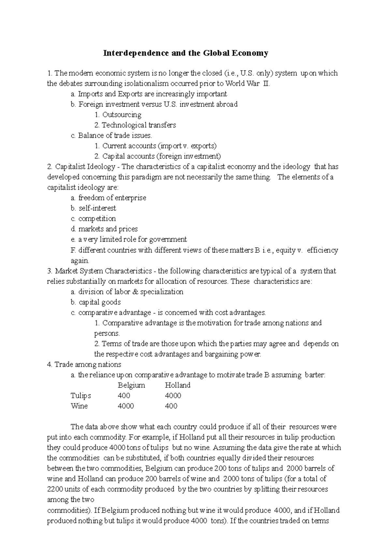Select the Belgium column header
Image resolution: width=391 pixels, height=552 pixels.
[x=131, y=385]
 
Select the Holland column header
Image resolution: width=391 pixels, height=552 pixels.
[x=178, y=385]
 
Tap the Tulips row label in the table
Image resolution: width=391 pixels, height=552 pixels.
[x=81, y=396]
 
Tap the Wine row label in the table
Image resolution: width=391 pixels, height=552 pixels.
[x=79, y=406]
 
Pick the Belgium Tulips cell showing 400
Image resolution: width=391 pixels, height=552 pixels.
[x=124, y=396]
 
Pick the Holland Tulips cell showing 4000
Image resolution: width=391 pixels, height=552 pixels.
[x=173, y=396]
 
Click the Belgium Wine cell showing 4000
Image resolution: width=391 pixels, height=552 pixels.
[x=126, y=406]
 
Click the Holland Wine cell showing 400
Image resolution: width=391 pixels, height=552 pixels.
[x=171, y=406]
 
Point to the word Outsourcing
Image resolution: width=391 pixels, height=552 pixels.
[x=122, y=115]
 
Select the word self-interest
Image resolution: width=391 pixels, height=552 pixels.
[x=97, y=208]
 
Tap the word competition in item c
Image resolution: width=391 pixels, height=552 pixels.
[x=97, y=219]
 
